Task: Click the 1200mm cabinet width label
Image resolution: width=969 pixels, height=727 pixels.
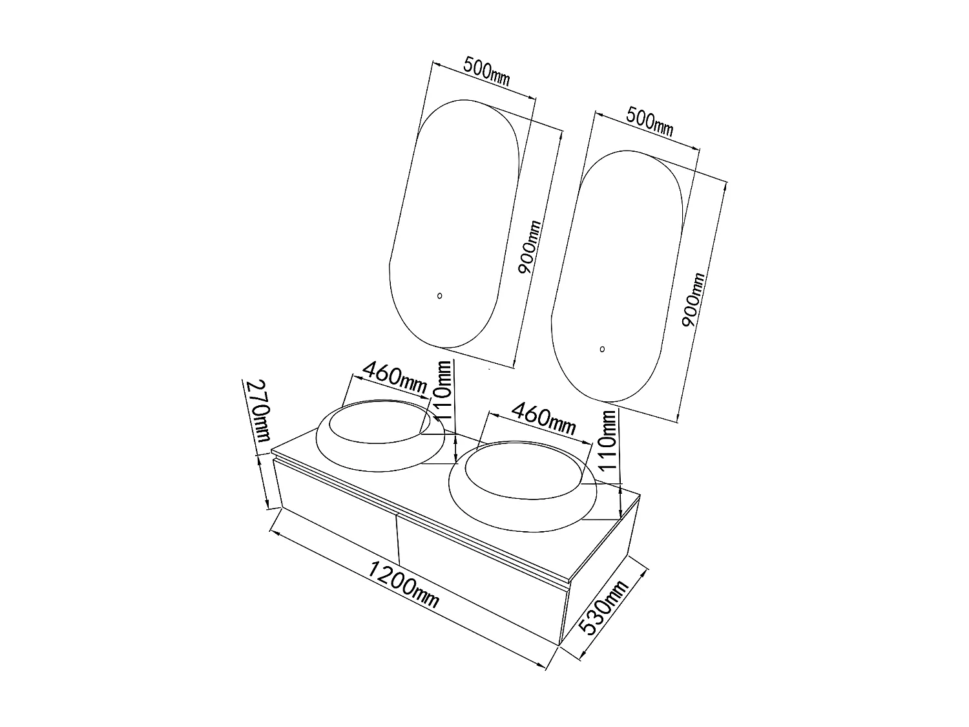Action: pos(404,584)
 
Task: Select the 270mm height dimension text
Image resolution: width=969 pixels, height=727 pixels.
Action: pos(257,410)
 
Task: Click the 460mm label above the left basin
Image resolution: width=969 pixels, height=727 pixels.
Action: pos(394,379)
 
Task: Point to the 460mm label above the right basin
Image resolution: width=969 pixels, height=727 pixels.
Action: pos(543,418)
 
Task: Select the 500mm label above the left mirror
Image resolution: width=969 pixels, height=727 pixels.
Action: pos(486,72)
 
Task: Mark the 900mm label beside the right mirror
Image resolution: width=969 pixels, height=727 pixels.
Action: pos(694,300)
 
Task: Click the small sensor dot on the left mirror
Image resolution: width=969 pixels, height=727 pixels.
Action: pos(440,296)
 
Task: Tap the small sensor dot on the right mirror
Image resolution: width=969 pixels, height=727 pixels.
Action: pos(602,349)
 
